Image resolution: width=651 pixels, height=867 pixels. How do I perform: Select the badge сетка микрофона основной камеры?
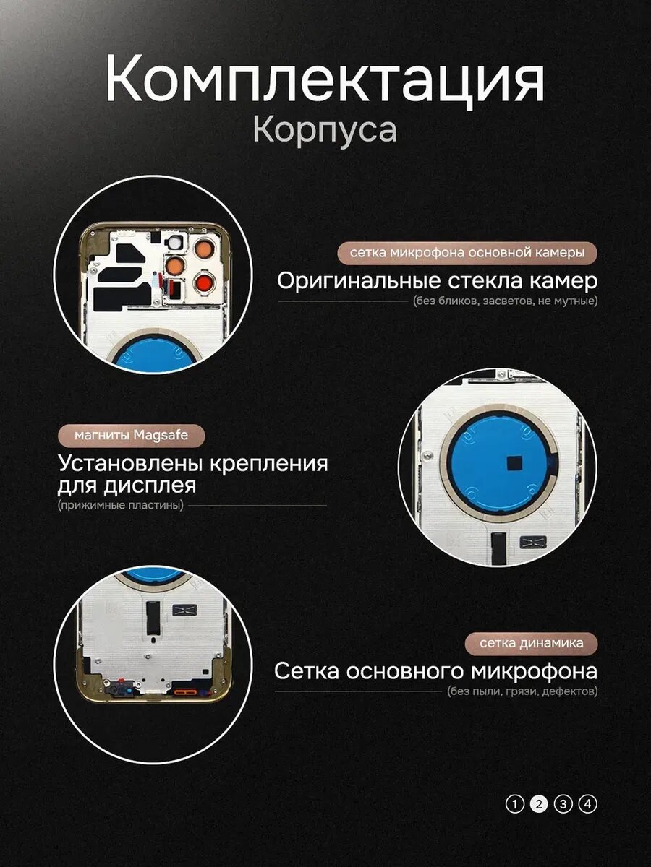click(x=467, y=253)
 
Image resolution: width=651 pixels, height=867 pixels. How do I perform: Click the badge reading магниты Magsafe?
click(x=131, y=435)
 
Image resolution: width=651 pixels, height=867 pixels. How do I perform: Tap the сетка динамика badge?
click(x=531, y=643)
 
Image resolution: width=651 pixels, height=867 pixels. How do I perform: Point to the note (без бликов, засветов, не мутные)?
click(x=505, y=301)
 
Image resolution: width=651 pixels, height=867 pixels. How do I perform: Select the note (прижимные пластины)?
click(x=121, y=505)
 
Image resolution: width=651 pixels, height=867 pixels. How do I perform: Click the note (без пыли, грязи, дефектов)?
click(x=522, y=691)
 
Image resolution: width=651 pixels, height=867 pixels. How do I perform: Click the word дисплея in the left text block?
click(x=150, y=486)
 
